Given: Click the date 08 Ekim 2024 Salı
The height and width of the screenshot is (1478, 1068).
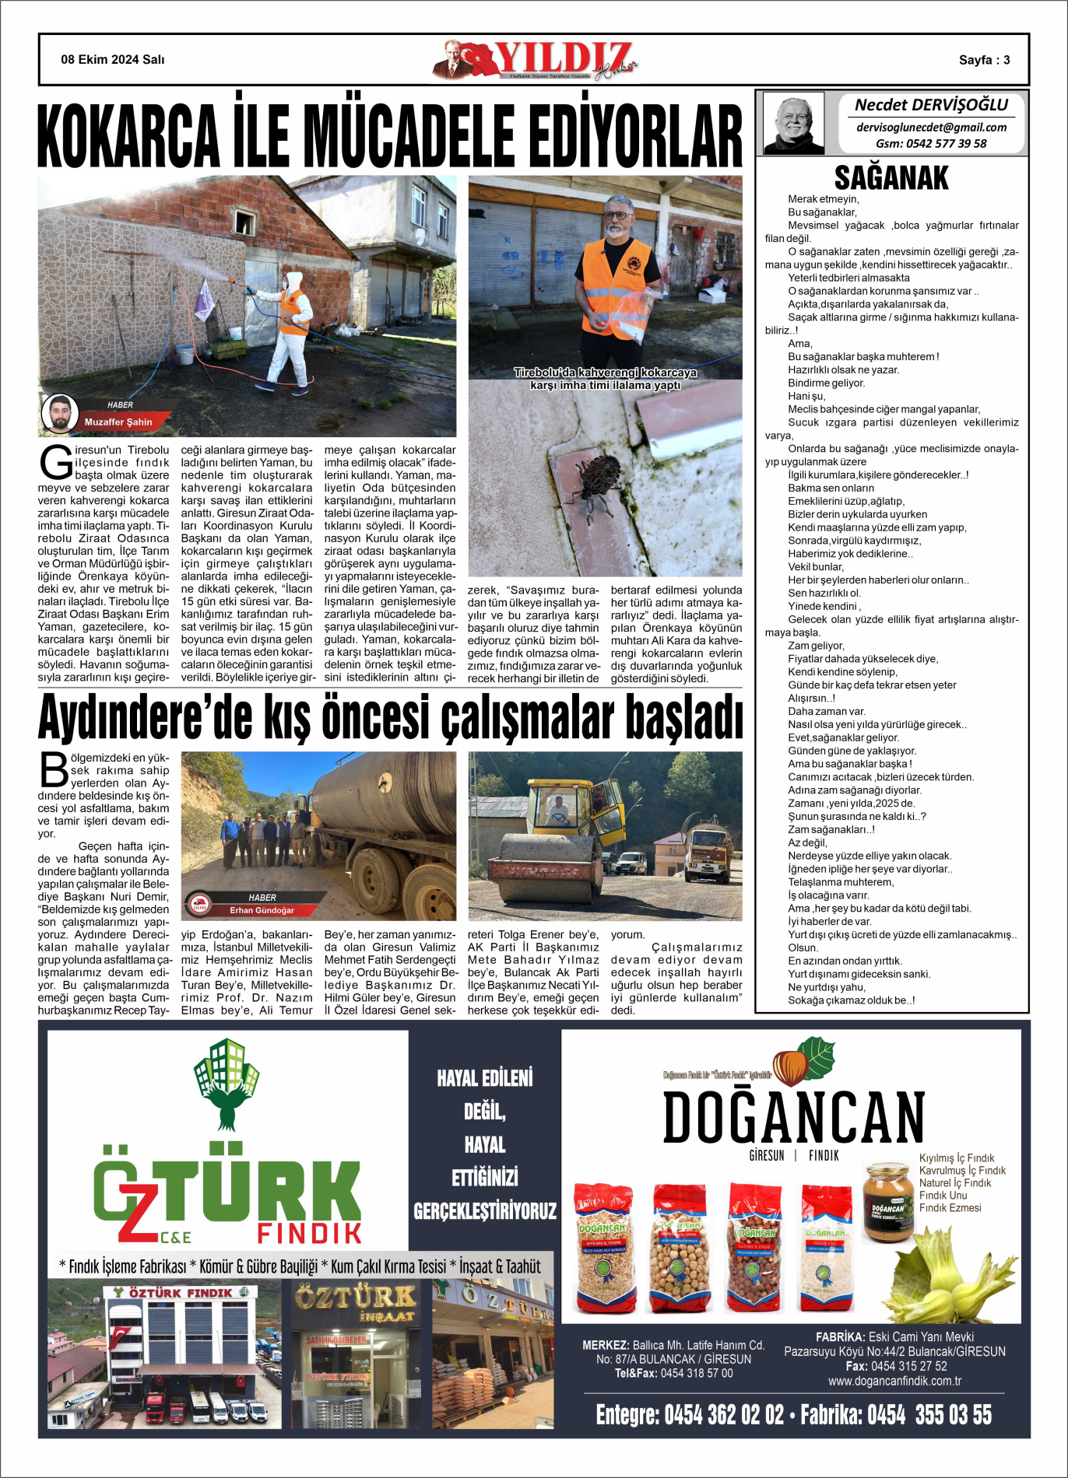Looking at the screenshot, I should tap(113, 60).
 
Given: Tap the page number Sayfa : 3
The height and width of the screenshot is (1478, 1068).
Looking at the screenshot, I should tap(984, 60).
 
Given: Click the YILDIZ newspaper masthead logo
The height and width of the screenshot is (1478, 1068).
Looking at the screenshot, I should tap(537, 60).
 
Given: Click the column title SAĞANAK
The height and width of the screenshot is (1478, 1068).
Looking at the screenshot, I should tap(891, 178).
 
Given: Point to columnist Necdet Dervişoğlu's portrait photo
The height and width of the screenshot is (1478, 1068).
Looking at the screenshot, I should tap(793, 123).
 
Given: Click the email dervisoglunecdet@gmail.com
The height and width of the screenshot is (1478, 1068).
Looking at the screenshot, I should tap(931, 128).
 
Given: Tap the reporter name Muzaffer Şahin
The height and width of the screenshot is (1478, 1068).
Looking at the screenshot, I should tap(118, 422).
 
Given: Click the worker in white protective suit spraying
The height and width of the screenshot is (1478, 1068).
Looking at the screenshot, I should tap(288, 327).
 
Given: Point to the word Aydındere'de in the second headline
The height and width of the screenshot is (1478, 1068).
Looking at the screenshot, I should tap(145, 716).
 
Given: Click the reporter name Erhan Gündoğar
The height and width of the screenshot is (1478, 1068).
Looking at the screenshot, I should tap(262, 910).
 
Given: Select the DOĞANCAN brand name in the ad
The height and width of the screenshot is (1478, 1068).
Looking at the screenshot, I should tap(793, 1117).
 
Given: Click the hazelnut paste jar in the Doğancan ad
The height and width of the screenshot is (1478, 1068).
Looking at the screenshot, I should tap(887, 1202).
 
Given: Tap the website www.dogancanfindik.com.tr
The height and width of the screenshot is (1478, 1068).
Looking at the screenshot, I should tap(894, 1381).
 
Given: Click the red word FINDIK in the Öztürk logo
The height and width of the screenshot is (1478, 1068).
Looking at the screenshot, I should tap(310, 1233).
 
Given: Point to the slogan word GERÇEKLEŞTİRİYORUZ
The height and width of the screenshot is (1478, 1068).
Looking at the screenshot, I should tap(485, 1211).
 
